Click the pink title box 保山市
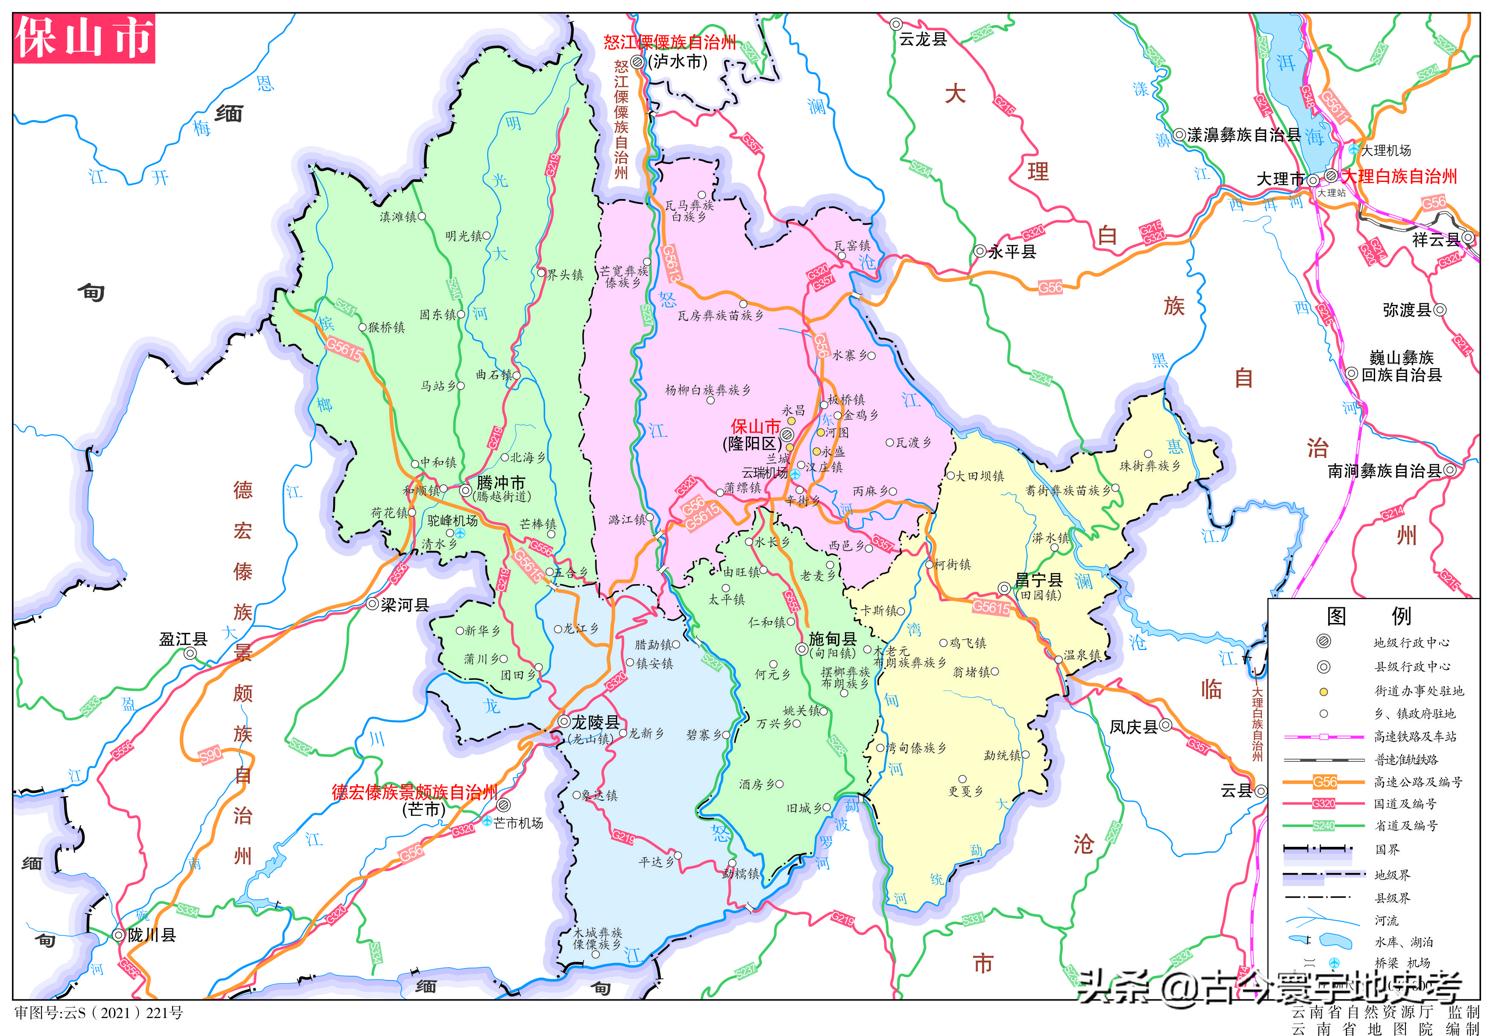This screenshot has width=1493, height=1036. (84, 38)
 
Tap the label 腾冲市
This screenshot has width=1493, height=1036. (500, 483)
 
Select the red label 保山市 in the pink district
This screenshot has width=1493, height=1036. (755, 427)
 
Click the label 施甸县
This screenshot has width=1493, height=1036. (833, 639)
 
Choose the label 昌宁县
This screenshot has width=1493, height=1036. (1038, 579)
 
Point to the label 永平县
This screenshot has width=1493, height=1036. (1012, 252)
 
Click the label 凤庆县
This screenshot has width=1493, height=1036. (1133, 726)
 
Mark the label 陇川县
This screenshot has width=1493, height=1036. (151, 935)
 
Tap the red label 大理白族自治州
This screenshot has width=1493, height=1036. (1399, 176)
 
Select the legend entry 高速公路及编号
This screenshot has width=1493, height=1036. (1418, 782)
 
